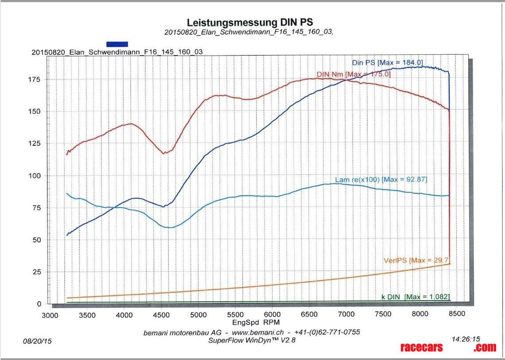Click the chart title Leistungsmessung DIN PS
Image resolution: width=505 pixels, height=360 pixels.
(x=252, y=23)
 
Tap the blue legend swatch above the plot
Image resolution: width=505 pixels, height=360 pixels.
(x=117, y=44)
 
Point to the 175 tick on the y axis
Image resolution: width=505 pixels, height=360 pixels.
(x=35, y=80)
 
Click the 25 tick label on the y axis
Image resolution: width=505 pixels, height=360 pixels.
(x=37, y=271)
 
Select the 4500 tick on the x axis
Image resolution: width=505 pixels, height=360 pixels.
(x=162, y=314)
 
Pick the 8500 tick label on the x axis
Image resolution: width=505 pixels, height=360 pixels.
(x=457, y=314)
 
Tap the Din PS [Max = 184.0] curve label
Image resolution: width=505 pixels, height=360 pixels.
(x=388, y=63)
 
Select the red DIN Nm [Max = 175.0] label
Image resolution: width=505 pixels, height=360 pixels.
(x=353, y=74)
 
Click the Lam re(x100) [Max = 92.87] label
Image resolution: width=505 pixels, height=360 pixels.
(x=381, y=179)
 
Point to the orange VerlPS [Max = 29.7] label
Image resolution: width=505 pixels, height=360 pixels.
(x=417, y=260)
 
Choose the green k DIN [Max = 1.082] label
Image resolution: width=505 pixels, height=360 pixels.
(x=416, y=297)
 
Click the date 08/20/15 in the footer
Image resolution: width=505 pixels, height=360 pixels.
(x=37, y=341)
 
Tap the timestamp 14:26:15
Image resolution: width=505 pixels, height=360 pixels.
(x=466, y=339)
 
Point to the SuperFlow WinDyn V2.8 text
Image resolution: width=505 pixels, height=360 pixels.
(x=252, y=340)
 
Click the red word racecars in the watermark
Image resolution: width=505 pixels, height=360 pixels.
(x=421, y=348)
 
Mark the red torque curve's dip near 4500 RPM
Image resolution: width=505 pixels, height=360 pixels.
(x=164, y=153)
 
